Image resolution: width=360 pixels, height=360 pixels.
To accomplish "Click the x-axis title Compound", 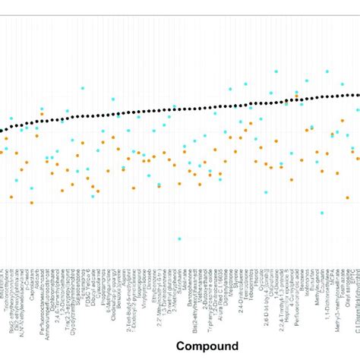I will click(x=207, y=346).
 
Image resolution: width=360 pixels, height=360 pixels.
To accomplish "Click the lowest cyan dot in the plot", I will click(x=179, y=239).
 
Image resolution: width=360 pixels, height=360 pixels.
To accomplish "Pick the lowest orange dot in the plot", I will click(x=32, y=203).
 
